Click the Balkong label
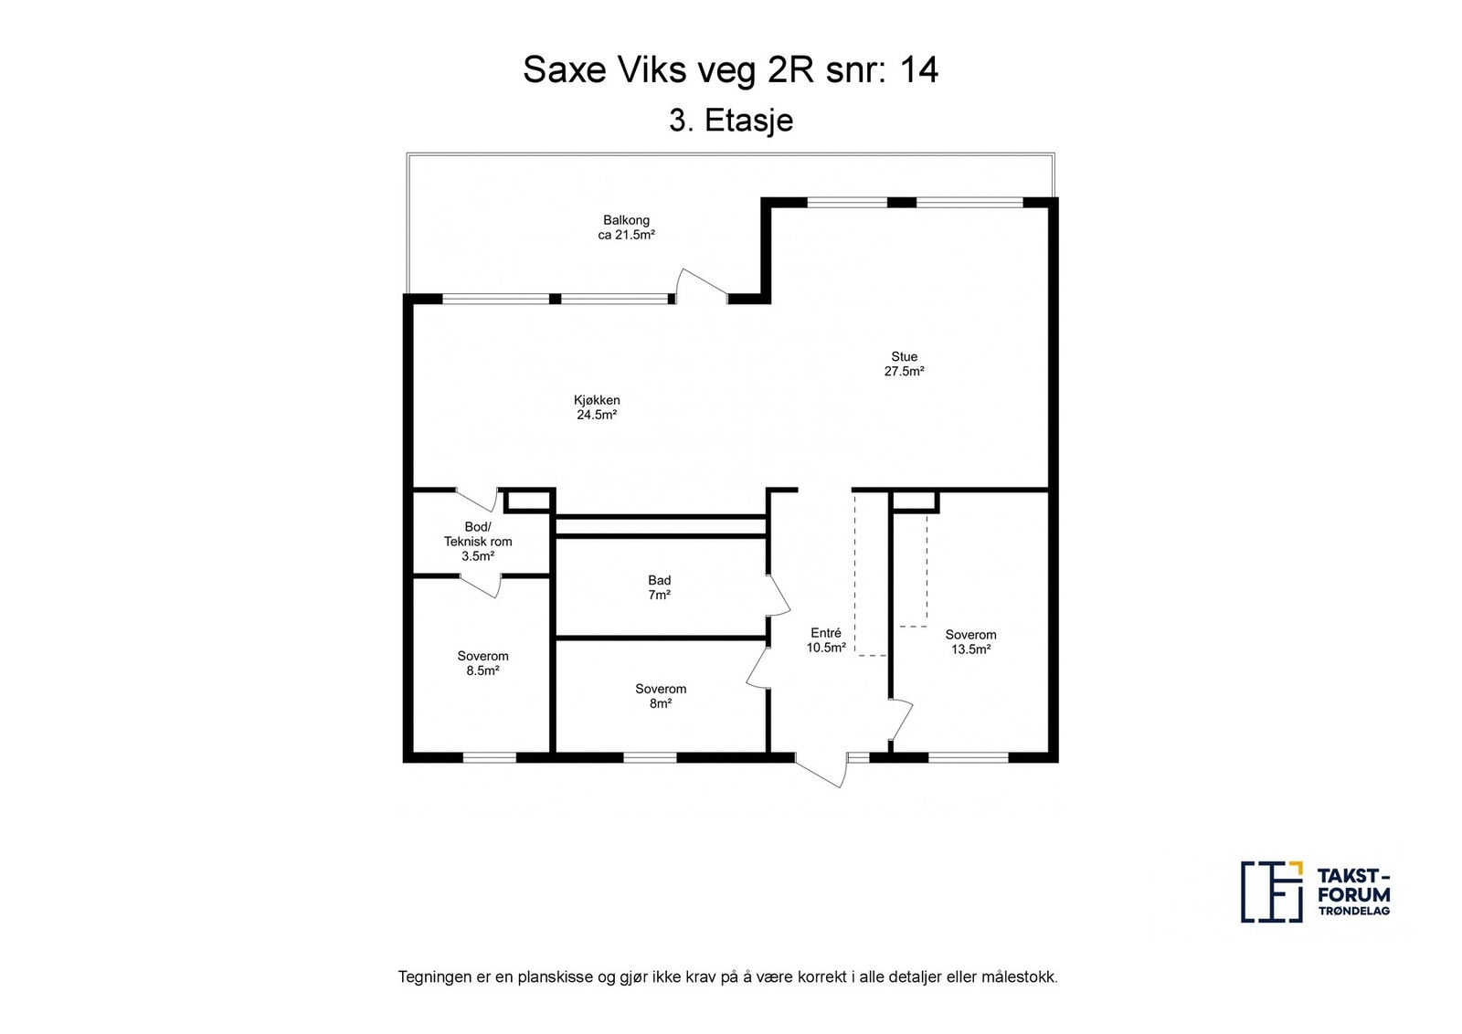coord(626,227)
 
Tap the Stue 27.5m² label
coord(904,364)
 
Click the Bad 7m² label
coord(659,587)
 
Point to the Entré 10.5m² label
coord(825,640)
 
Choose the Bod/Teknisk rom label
coord(477,541)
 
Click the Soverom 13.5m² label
coord(970,642)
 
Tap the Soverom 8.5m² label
coord(482,663)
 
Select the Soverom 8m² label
coord(661,696)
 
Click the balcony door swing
coord(699,282)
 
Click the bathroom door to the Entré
coord(779,595)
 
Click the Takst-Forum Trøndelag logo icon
coord(1270,891)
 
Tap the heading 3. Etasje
coord(730,121)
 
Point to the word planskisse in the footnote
coord(554,976)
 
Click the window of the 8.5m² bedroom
coord(489,757)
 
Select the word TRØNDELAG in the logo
coord(1353,912)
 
